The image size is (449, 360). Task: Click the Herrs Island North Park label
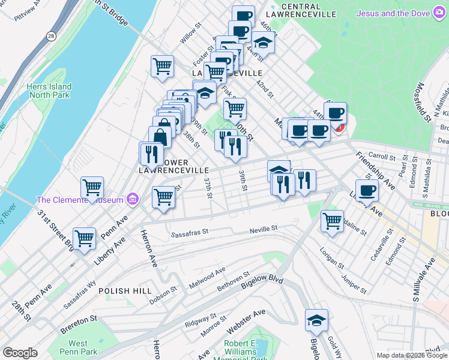pos(49,91)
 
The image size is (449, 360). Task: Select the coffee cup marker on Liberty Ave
pos(366,190)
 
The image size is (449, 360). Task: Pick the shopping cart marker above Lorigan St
pos(332,221)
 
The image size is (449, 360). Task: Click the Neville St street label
pos(264,229)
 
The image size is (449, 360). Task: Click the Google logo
pos(20,353)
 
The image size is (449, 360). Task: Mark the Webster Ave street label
pos(246,322)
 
